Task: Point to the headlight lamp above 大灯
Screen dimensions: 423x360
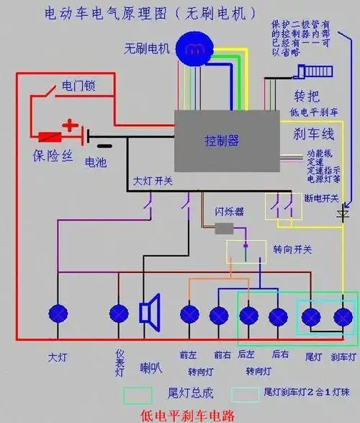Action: [x=58, y=314]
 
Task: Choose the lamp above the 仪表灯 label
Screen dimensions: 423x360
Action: [x=120, y=314]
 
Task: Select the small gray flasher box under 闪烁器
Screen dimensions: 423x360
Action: [x=225, y=228]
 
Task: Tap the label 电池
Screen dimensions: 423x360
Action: [x=95, y=163]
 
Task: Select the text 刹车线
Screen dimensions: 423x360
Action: [x=312, y=133]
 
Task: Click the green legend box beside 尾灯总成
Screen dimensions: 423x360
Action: [x=138, y=394]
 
